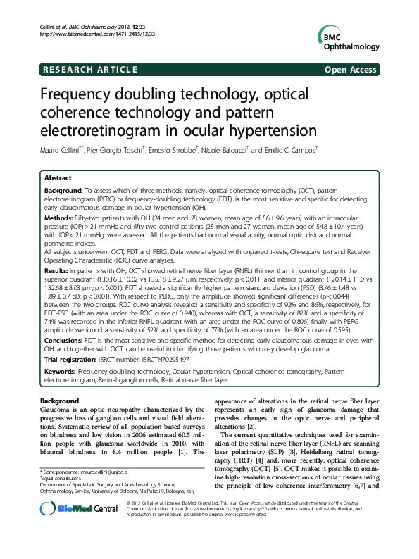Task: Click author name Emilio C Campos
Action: [289, 151]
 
